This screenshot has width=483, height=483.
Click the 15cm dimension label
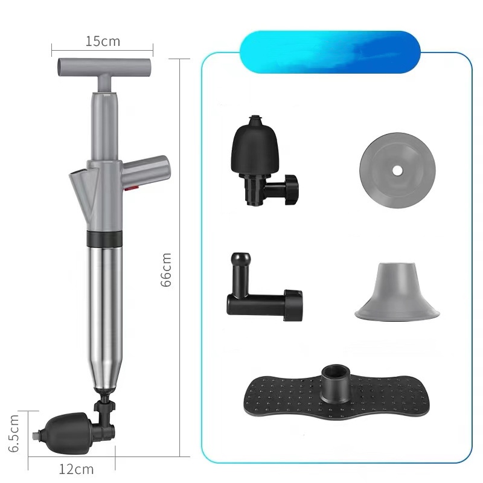[103, 41]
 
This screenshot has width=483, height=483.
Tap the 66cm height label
[165, 270]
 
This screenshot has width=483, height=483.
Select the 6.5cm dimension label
[13, 433]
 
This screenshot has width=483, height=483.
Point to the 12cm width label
[76, 469]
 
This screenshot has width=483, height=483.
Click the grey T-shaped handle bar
[104, 68]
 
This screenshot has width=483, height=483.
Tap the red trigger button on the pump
[132, 187]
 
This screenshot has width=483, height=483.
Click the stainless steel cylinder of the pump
[104, 318]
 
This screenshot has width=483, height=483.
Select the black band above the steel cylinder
[104, 238]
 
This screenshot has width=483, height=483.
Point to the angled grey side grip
[146, 171]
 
